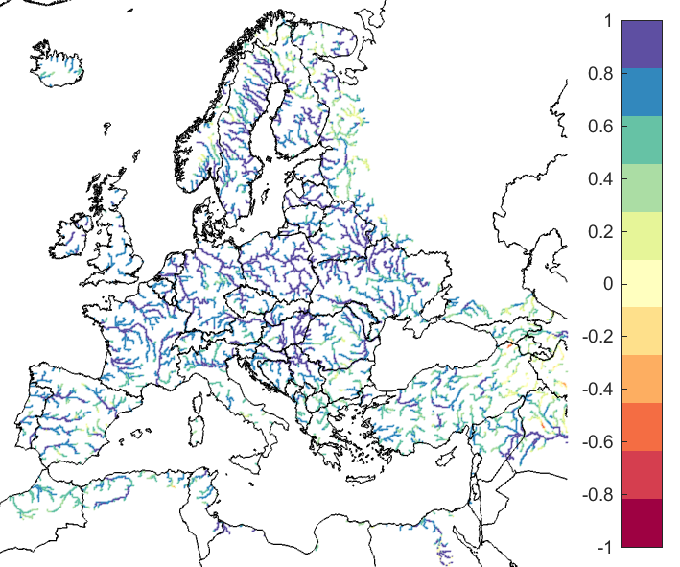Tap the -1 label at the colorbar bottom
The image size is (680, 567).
click(x=603, y=547)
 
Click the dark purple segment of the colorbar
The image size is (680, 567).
click(x=642, y=44)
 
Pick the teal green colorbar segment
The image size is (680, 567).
click(x=642, y=140)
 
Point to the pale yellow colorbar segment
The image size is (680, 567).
click(x=642, y=284)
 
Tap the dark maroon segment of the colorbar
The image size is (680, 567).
click(x=642, y=523)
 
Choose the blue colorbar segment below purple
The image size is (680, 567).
click(x=642, y=92)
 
